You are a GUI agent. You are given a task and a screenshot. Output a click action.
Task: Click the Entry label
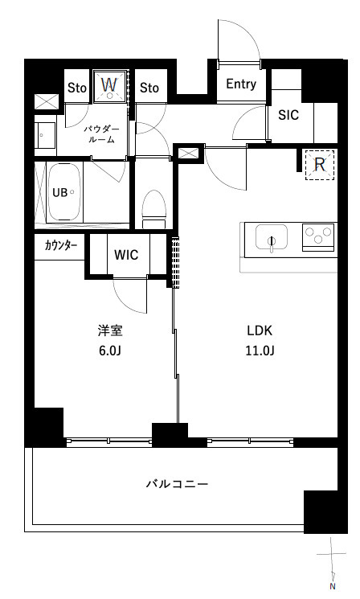[x=241, y=84]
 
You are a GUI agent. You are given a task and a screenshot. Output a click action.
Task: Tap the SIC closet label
[x=288, y=115]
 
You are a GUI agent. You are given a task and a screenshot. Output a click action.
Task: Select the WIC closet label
[x=126, y=255]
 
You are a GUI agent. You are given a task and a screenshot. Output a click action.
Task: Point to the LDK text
[x=260, y=330]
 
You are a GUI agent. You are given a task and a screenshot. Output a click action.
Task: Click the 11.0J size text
[x=260, y=351]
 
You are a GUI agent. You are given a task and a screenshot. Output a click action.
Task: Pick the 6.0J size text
[x=110, y=351]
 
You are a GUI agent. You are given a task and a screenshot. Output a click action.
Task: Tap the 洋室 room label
[x=110, y=330]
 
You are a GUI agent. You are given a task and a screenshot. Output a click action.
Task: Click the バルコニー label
[x=177, y=484]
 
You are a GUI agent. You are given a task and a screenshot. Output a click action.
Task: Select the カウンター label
[x=61, y=246]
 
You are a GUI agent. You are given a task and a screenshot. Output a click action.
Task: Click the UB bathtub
[x=64, y=192]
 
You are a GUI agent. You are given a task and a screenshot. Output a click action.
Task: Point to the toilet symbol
[x=154, y=210]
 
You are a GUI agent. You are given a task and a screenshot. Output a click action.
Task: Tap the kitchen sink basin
[x=272, y=236]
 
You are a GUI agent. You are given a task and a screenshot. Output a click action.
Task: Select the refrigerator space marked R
[x=320, y=165]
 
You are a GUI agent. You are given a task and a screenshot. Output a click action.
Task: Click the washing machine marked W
[x=110, y=86]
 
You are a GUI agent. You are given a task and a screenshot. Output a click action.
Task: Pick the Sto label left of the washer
[x=76, y=88]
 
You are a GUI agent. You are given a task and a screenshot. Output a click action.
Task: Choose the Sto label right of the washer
[x=149, y=88]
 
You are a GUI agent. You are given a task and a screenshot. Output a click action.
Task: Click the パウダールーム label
[x=101, y=134]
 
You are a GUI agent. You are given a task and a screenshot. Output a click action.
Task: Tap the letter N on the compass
[x=333, y=586]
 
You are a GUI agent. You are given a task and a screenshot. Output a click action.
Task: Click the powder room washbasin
[x=45, y=135]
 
